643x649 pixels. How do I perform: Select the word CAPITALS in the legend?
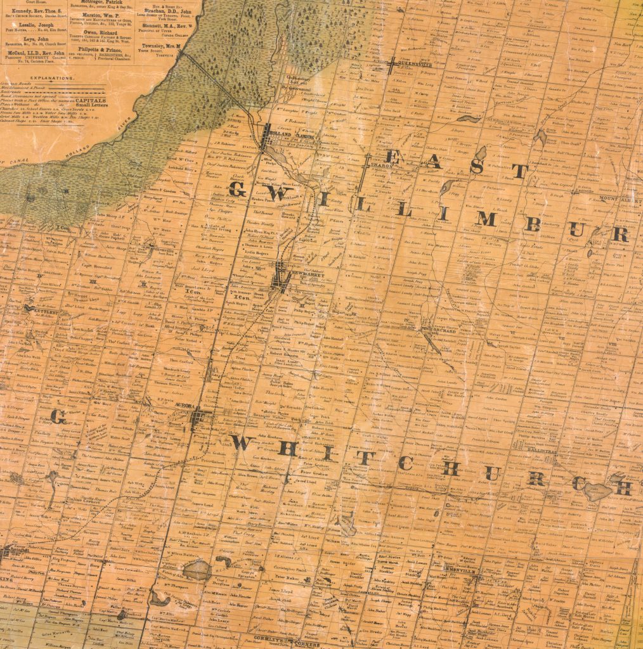[91, 100]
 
